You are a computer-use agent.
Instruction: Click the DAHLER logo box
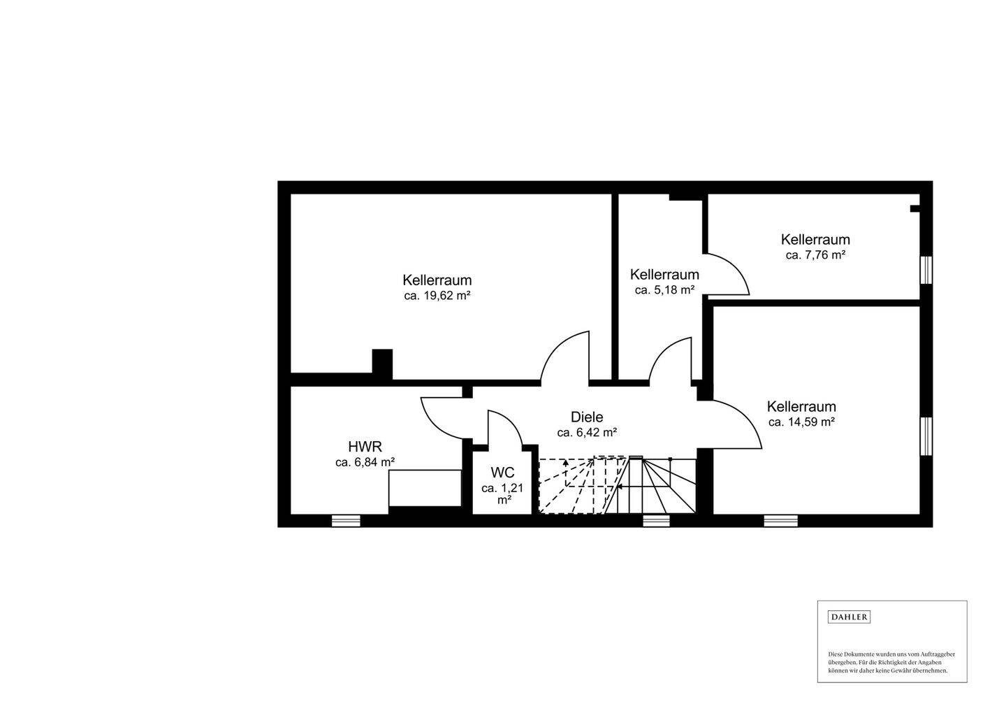coord(849,617)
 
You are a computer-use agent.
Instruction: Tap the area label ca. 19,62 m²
coord(437,296)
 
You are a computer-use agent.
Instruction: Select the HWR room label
coord(365,447)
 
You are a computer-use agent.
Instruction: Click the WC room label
coord(502,473)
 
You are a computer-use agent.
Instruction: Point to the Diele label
coord(586,417)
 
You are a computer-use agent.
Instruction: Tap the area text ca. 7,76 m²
coord(815,255)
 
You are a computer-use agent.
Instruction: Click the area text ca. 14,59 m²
coord(801,422)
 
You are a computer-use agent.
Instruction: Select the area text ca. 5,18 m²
coord(664,290)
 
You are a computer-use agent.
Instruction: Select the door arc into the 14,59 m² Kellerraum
coord(737,423)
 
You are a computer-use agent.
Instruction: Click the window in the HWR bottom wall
coord(345,520)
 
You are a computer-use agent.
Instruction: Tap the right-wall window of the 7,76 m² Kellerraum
coord(926,270)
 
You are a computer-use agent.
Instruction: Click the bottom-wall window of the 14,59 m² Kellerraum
coord(780,520)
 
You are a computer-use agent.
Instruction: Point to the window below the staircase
coord(655,520)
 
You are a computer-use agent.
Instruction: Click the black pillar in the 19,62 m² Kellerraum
coord(382,364)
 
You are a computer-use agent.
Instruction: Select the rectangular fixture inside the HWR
coord(425,488)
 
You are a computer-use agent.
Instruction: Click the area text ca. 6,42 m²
coord(586,433)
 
